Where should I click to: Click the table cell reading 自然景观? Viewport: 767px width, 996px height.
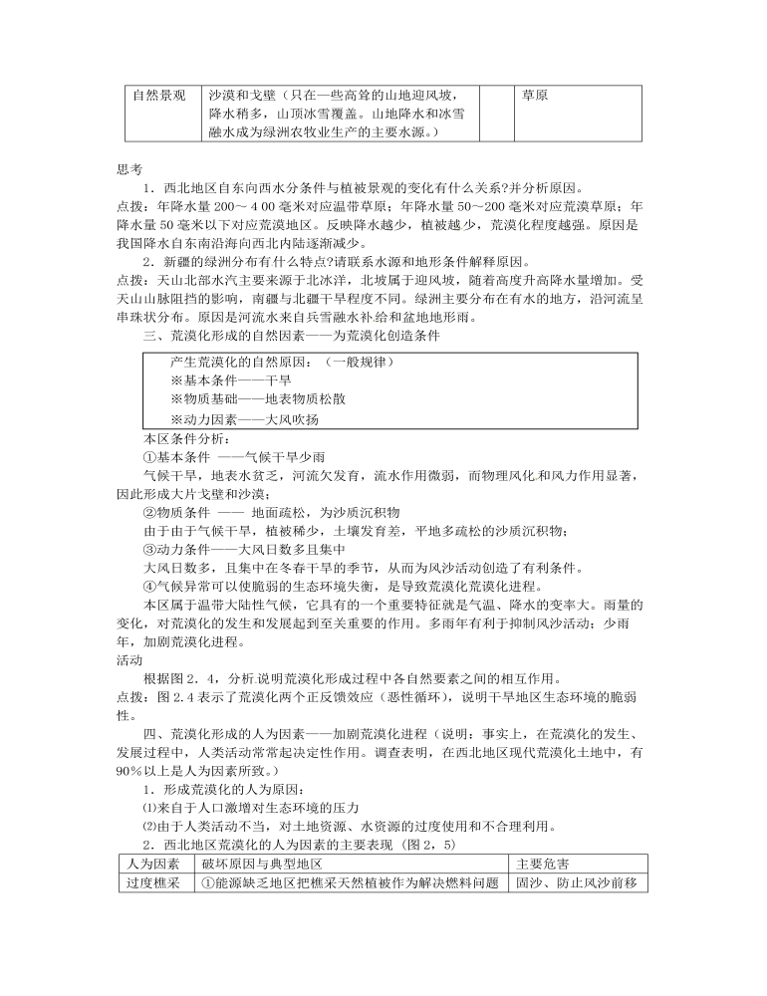coord(159,97)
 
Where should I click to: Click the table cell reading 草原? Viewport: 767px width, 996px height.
coord(536,97)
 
